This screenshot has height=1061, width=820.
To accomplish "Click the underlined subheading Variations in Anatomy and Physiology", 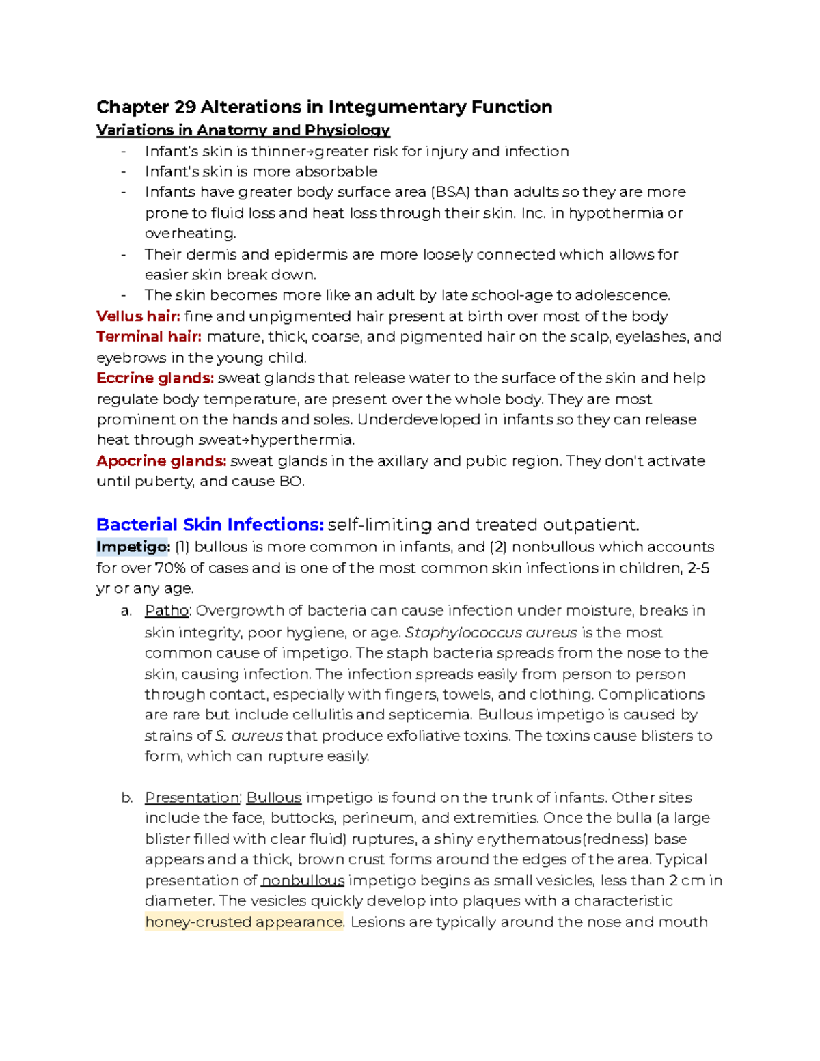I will pos(243,130).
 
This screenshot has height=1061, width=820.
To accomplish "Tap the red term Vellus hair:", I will pos(138,316).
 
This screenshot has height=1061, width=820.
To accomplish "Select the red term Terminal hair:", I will pos(149,337).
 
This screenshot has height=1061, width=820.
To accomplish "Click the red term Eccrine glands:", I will pos(155,378).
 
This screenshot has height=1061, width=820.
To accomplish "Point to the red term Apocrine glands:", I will pos(161,461).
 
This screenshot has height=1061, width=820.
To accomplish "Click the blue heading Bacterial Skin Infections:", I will pos(210,525).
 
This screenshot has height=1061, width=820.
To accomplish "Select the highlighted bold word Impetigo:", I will pos(133,547).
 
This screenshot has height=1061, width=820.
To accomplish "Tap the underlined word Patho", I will pos(167,611).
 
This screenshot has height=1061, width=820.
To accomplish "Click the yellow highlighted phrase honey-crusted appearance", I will pos(244,922).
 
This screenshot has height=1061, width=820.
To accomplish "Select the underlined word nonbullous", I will pos(303,881).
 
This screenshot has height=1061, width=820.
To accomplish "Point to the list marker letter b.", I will pos(126,798).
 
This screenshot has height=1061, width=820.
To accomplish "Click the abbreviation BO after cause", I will pos(290,482).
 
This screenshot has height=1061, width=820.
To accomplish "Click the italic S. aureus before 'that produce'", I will pos(249,736).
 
